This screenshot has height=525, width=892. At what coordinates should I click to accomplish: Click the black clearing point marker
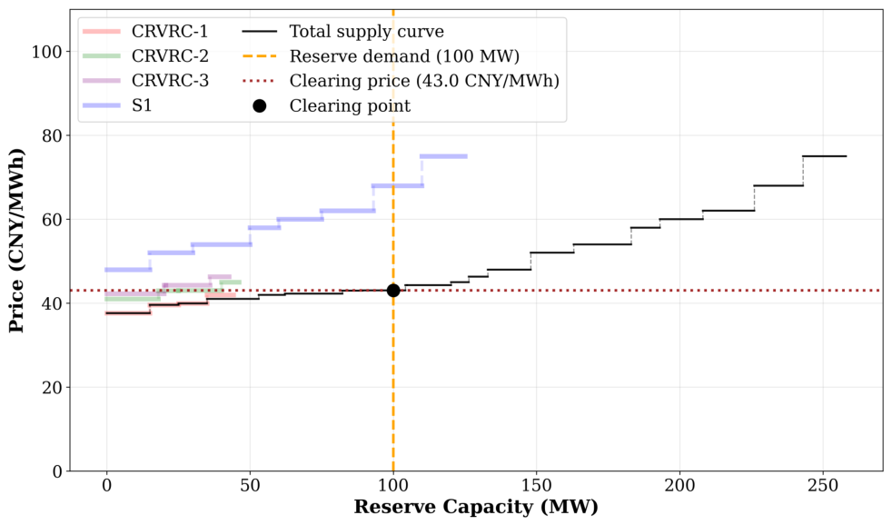[x=393, y=291]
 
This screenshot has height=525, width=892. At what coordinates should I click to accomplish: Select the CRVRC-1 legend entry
[x=145, y=31]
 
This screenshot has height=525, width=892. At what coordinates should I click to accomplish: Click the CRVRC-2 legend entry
[x=145, y=55]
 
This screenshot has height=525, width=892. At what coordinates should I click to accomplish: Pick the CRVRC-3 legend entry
[x=145, y=81]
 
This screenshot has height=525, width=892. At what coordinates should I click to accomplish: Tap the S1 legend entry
[x=118, y=105]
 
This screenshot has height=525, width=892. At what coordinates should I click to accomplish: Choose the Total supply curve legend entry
[x=343, y=31]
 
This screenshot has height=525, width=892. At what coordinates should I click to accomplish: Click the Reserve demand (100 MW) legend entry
[x=381, y=56]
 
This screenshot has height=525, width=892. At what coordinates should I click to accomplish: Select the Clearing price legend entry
[x=401, y=81]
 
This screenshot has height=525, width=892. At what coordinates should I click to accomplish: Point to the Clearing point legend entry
[x=332, y=105]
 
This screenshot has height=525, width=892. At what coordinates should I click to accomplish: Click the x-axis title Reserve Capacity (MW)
[x=476, y=507]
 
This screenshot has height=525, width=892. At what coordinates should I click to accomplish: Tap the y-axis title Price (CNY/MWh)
[x=16, y=240]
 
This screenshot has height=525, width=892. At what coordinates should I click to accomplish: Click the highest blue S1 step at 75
[x=443, y=156]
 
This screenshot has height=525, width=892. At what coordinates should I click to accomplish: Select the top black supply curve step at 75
[x=824, y=156]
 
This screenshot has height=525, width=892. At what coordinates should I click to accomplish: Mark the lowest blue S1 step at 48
[x=129, y=270]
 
